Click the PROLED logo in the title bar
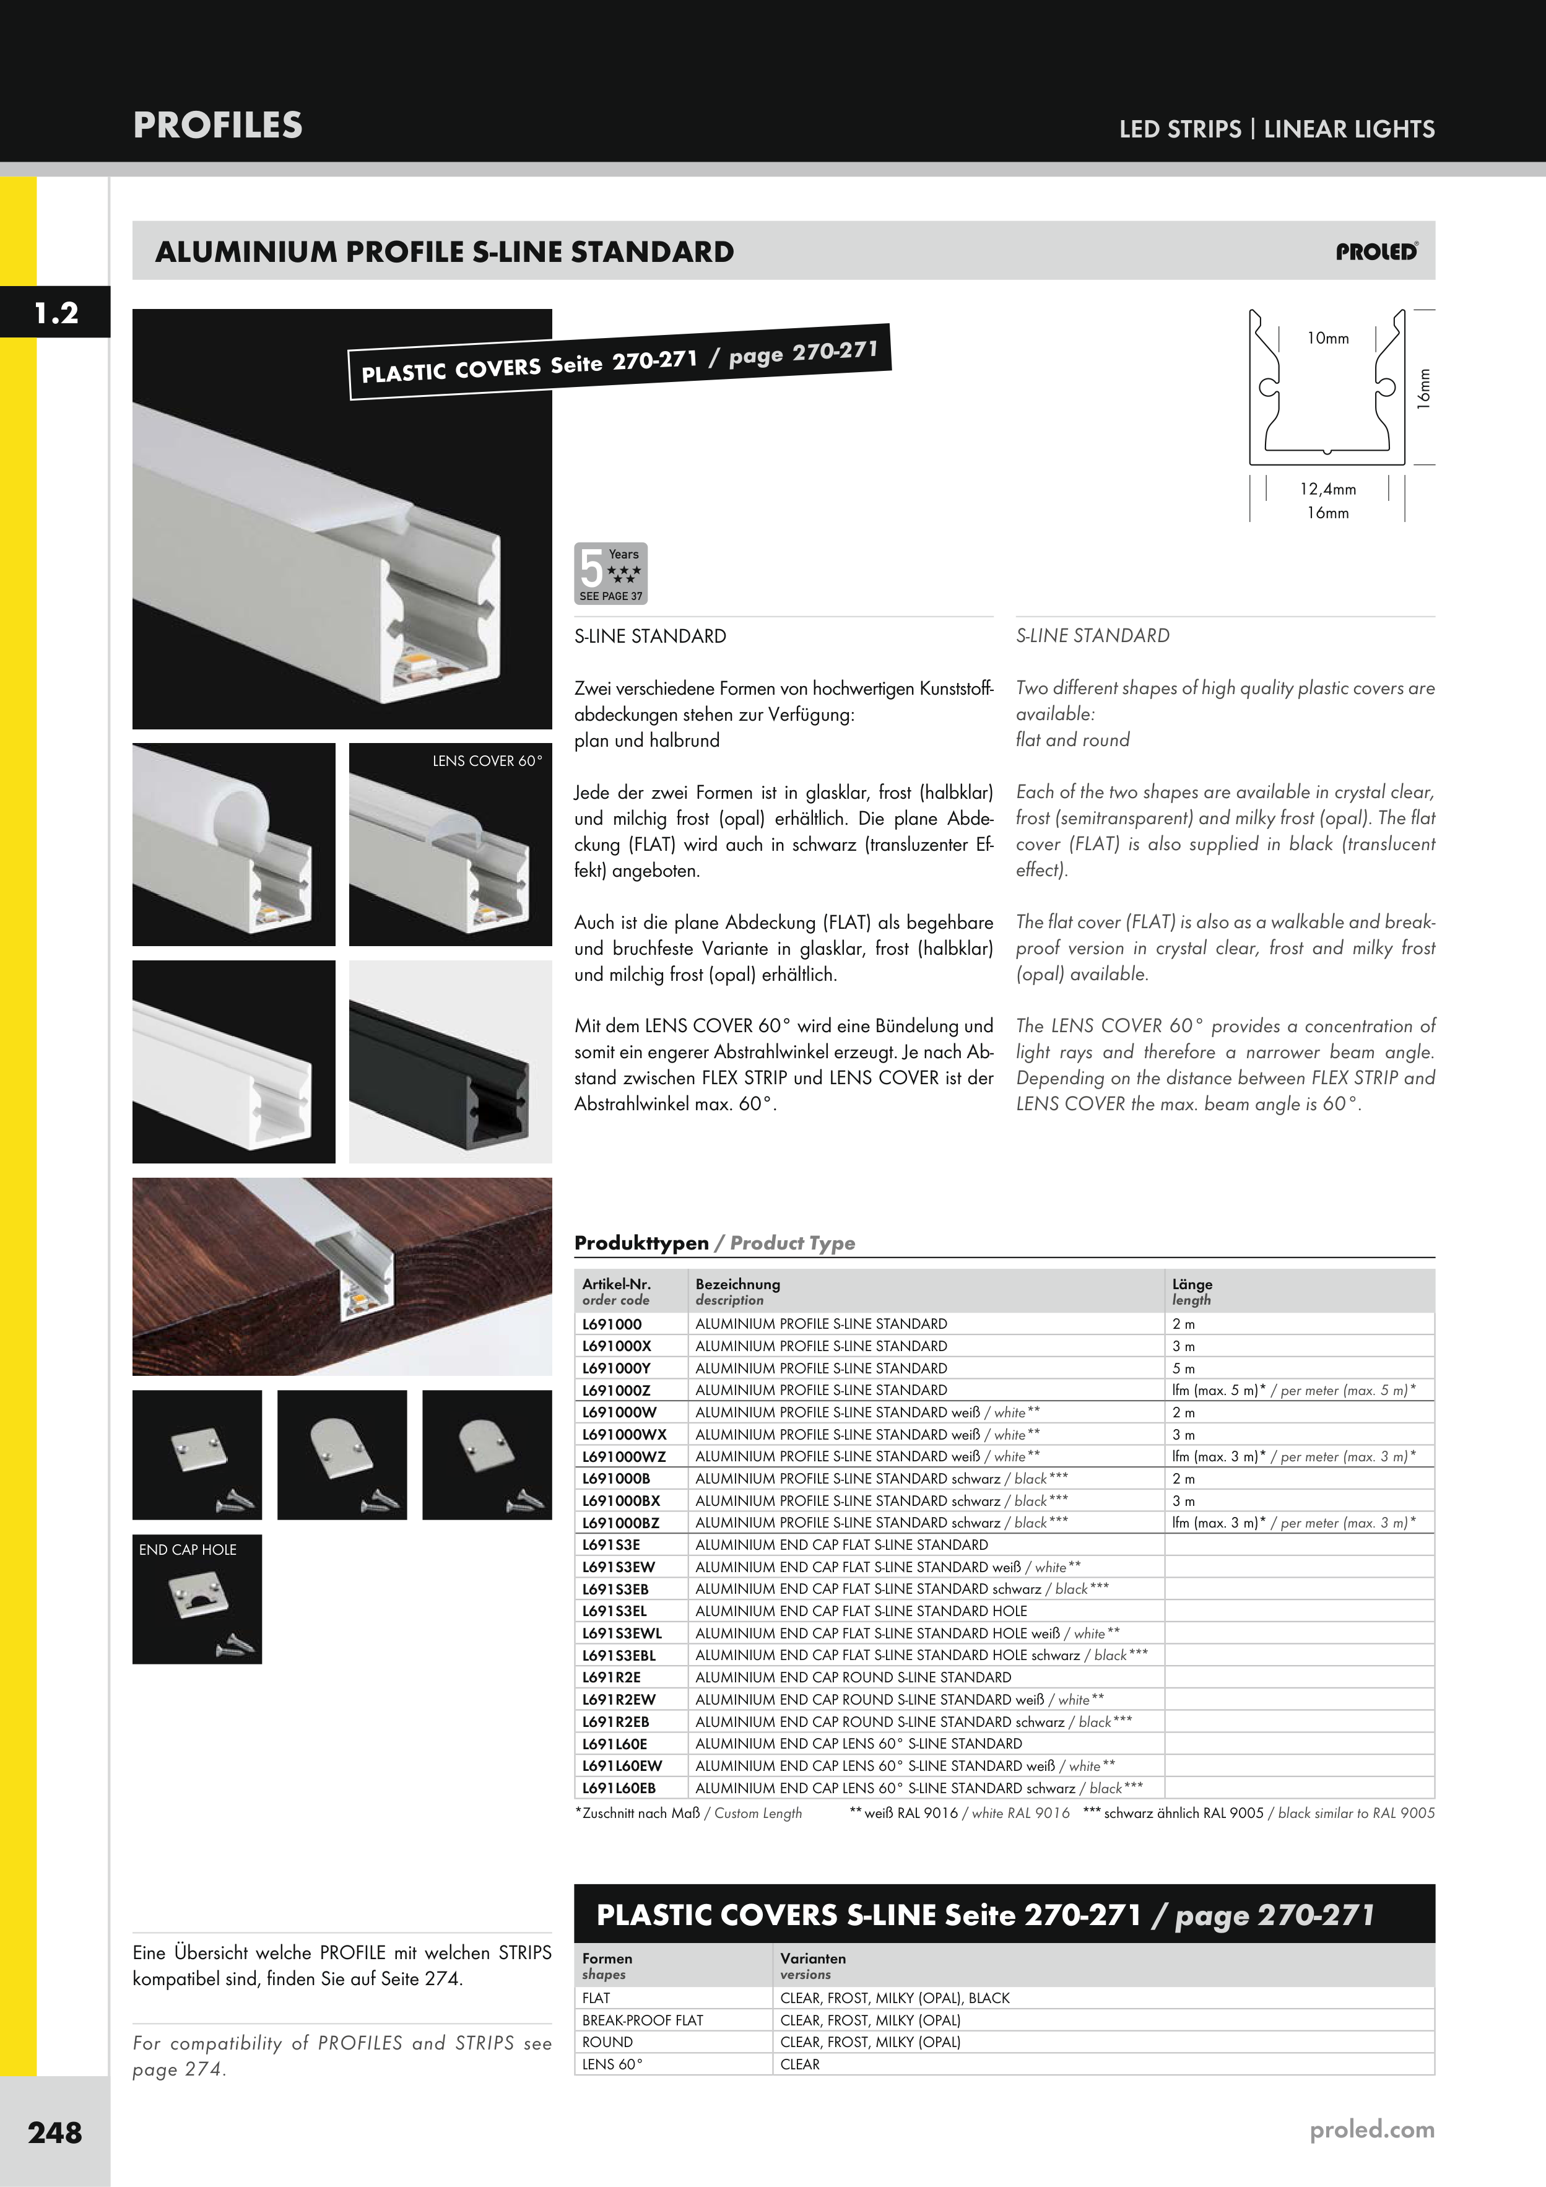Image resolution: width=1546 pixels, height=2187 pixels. (1376, 251)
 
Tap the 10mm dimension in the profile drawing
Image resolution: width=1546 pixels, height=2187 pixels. (1328, 338)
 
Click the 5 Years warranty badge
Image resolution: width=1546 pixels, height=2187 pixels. (610, 573)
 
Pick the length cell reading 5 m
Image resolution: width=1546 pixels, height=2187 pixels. (1183, 1368)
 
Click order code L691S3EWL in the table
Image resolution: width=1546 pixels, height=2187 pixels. (622, 1633)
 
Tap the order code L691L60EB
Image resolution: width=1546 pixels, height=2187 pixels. (619, 1788)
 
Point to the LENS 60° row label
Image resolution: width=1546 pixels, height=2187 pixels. (612, 2064)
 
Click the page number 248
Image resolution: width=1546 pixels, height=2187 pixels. (55, 2132)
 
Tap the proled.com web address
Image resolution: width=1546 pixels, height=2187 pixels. (1371, 2130)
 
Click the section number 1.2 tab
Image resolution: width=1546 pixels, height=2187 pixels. (55, 313)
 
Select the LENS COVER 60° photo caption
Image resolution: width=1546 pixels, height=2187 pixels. (487, 761)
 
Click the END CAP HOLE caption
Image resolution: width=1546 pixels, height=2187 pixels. (188, 1550)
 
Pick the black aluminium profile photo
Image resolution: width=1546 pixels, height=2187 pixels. (451, 1061)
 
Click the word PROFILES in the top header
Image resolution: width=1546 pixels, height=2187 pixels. (218, 126)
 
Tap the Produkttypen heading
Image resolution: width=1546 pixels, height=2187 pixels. (641, 1243)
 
